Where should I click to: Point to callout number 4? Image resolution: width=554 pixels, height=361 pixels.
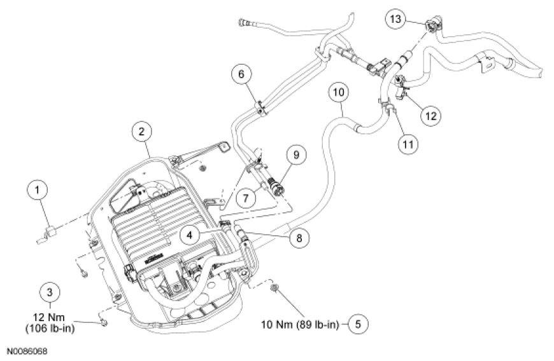(189, 235)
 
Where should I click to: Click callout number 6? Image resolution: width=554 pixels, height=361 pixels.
(242, 75)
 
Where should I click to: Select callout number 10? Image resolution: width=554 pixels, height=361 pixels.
(339, 93)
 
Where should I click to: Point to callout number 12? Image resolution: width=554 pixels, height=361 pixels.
(432, 116)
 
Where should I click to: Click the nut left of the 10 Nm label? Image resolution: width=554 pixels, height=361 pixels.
(274, 289)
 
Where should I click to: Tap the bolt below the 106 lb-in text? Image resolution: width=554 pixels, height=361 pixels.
(103, 324)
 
